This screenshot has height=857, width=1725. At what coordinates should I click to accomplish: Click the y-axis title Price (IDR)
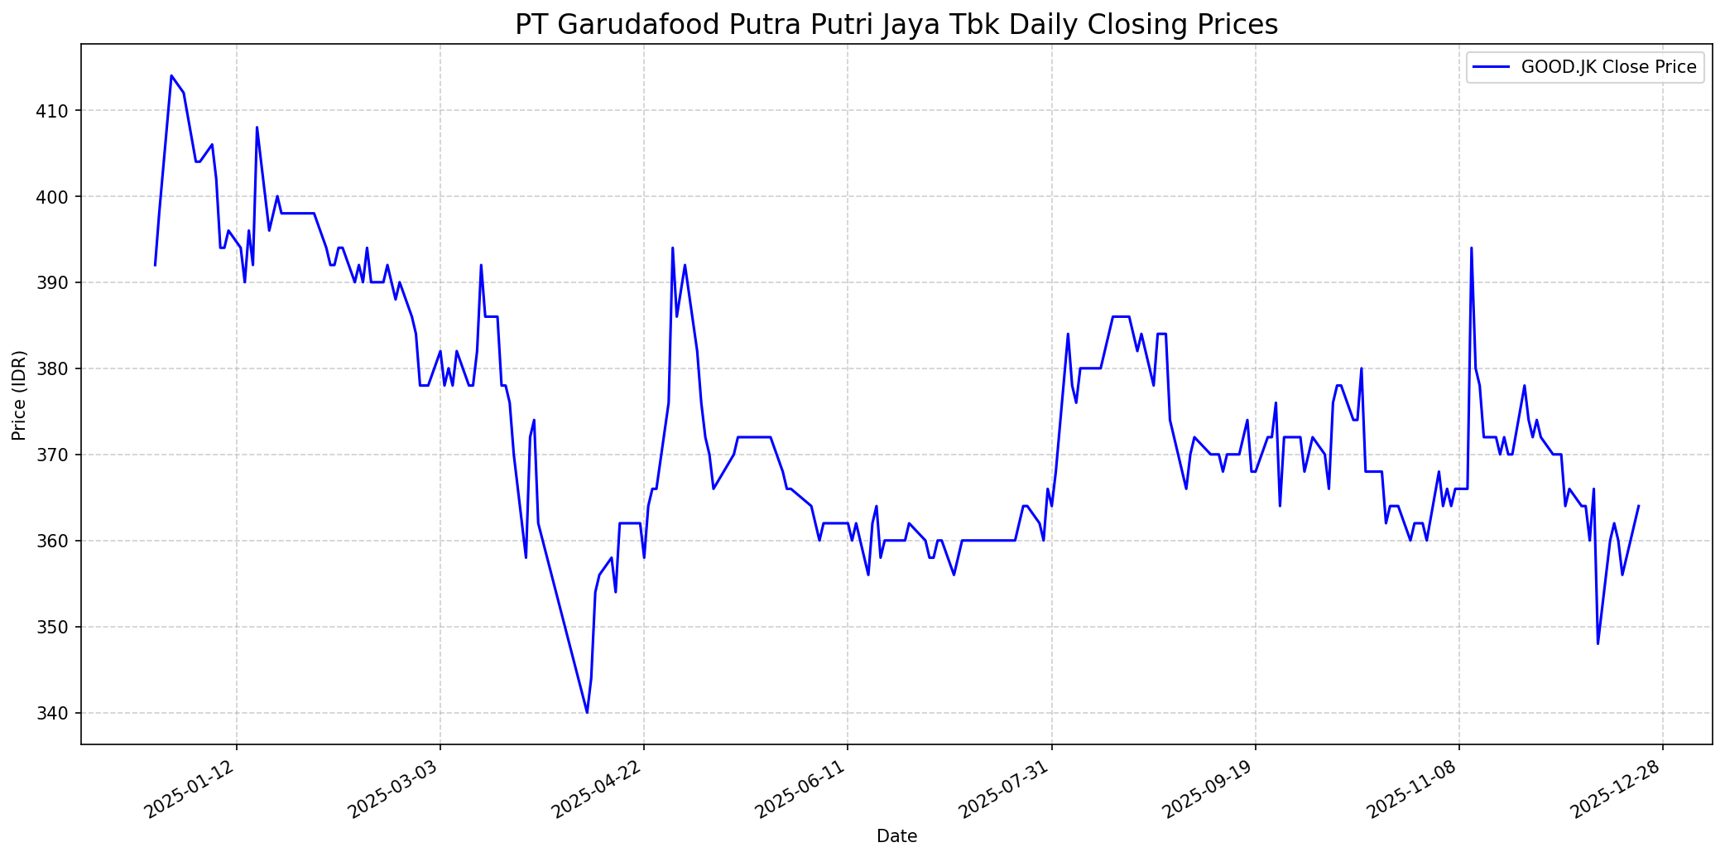[19, 396]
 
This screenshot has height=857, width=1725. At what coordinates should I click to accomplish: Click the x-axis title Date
[896, 837]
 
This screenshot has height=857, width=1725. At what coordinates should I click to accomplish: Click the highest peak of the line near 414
[171, 75]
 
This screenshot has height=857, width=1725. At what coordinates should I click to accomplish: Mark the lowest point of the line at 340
[587, 712]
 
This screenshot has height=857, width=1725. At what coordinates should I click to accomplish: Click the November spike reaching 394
[1471, 248]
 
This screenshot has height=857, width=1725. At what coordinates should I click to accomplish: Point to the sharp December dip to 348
[1598, 643]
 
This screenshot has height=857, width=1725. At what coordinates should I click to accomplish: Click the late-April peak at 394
[672, 248]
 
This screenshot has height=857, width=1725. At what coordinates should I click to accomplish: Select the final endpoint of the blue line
[1638, 506]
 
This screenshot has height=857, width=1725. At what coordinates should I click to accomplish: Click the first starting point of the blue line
[155, 265]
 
